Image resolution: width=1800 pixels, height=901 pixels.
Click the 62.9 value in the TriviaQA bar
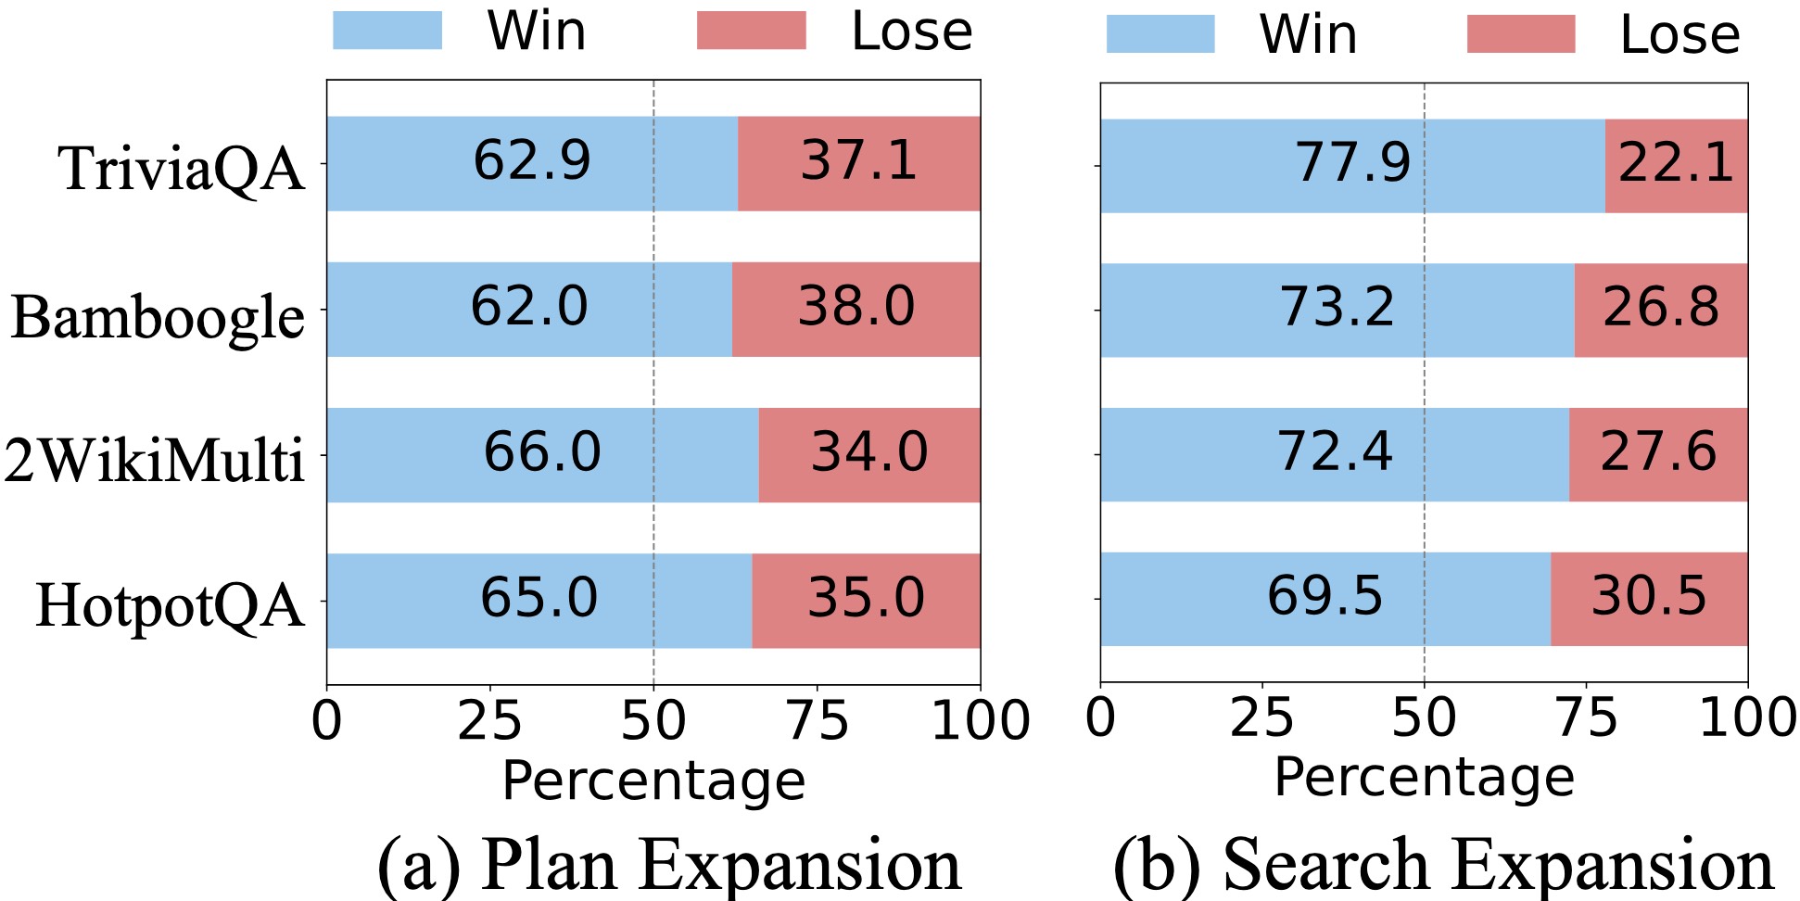(x=532, y=161)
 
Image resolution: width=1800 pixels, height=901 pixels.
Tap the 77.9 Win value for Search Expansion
(x=1352, y=163)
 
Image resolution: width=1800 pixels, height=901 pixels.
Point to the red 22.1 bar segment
(x=1676, y=164)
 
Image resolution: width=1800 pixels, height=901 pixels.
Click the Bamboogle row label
(x=158, y=317)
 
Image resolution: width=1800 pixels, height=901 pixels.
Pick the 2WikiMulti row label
(x=154, y=461)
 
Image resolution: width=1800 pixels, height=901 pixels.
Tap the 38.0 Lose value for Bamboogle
(x=856, y=307)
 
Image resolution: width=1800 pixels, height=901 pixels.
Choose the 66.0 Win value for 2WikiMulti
(x=542, y=452)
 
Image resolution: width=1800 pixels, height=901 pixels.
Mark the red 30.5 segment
(x=1649, y=596)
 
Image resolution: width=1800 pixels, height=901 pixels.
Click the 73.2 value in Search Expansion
(x=1337, y=307)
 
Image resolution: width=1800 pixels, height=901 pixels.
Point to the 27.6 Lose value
(x=1658, y=452)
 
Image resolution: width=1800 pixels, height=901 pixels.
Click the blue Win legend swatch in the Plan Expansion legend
(x=387, y=31)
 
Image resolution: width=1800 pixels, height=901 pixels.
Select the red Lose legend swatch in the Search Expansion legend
(x=1521, y=34)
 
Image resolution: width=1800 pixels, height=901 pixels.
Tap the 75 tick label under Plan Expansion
(x=817, y=721)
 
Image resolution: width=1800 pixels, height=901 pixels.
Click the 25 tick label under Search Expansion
(x=1261, y=718)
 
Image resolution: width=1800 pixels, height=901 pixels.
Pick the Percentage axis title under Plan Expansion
(x=653, y=780)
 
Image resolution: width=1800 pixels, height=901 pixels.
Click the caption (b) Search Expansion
(x=1442, y=864)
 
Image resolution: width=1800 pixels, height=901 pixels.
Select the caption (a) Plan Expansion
(x=669, y=864)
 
